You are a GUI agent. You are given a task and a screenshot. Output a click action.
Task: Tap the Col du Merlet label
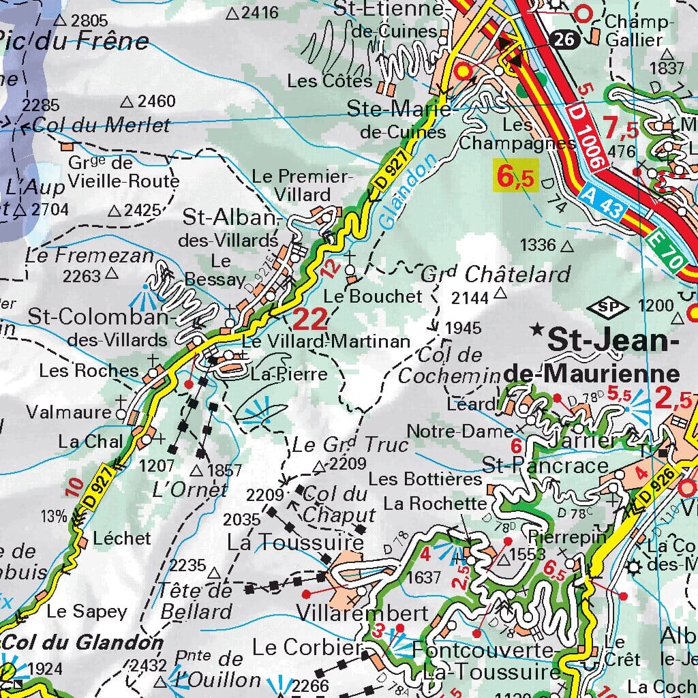(101, 125)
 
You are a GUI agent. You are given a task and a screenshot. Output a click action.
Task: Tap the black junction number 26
(564, 40)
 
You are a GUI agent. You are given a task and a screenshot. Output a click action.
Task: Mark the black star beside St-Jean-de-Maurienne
(538, 333)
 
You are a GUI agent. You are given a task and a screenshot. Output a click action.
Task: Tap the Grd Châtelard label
(496, 274)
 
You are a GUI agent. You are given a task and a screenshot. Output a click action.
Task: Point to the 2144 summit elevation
(470, 297)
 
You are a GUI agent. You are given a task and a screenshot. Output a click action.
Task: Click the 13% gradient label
(54, 516)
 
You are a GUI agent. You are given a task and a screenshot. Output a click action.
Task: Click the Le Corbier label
(305, 646)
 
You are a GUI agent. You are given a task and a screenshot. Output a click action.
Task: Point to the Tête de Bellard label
(197, 601)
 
